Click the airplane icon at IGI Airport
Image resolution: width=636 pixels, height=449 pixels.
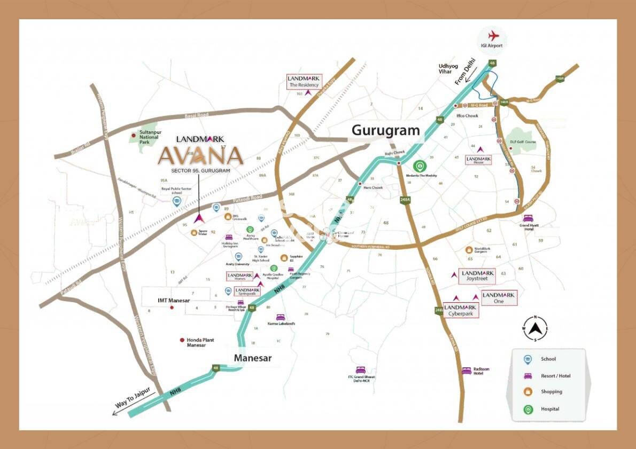pyautogui.click(x=492, y=35)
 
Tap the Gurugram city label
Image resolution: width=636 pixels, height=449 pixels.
pyautogui.click(x=385, y=130)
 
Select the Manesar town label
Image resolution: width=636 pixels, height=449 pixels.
pyautogui.click(x=253, y=358)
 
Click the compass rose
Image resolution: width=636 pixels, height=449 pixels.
pyautogui.click(x=536, y=329)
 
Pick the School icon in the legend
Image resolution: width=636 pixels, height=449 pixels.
pyautogui.click(x=528, y=359)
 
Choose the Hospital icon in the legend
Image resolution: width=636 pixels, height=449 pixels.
pyautogui.click(x=528, y=409)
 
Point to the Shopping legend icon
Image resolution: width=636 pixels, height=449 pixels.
pyautogui.click(x=528, y=392)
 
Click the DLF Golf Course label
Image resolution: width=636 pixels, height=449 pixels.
pyautogui.click(x=523, y=142)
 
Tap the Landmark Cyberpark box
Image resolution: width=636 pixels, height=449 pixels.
pyautogui.click(x=461, y=311)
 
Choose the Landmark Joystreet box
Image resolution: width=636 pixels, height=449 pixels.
pyautogui.click(x=477, y=276)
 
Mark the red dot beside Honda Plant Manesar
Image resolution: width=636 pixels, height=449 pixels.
pyautogui.click(x=182, y=340)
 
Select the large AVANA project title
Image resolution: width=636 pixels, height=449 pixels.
pyautogui.click(x=200, y=155)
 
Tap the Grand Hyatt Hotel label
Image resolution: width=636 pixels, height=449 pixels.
pyautogui.click(x=530, y=227)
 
